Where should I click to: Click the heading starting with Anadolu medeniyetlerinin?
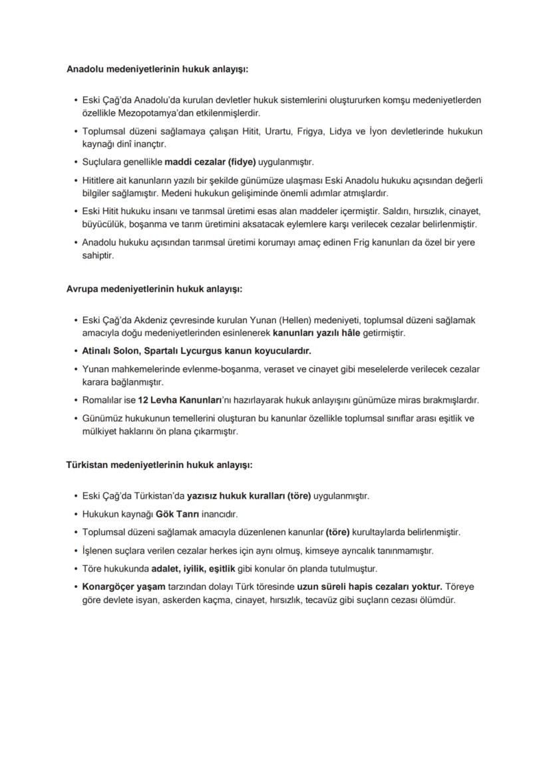pos(157,68)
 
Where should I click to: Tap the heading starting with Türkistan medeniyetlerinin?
pos(159,465)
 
